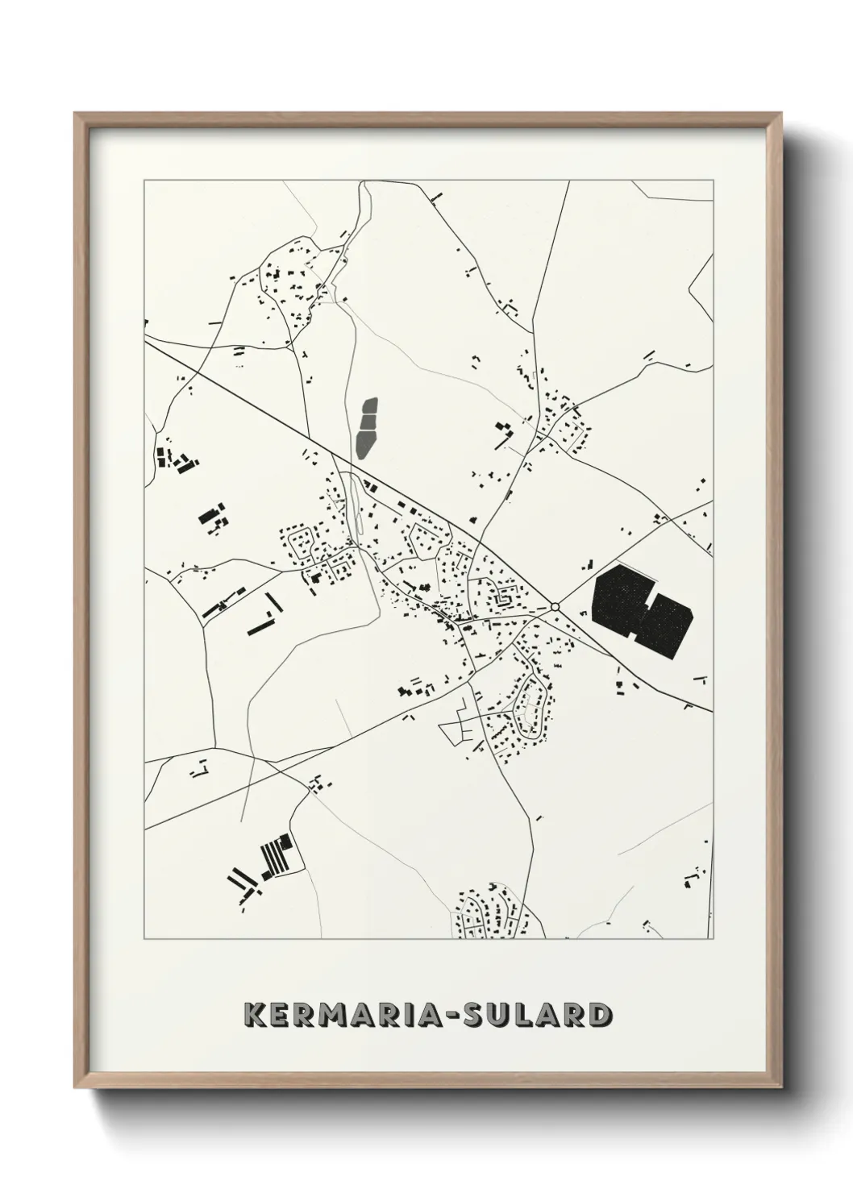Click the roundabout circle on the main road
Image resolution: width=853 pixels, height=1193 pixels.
555,607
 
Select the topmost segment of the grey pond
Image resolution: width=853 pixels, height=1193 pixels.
370,405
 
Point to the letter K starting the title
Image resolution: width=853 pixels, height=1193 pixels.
256,1014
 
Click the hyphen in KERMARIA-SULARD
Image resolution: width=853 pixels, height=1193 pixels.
453,1015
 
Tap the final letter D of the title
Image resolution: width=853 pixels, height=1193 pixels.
596,1014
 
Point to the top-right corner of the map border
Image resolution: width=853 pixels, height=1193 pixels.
713,181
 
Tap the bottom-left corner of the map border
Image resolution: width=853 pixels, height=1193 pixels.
144,939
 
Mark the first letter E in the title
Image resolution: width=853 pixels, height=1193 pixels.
282,1014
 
